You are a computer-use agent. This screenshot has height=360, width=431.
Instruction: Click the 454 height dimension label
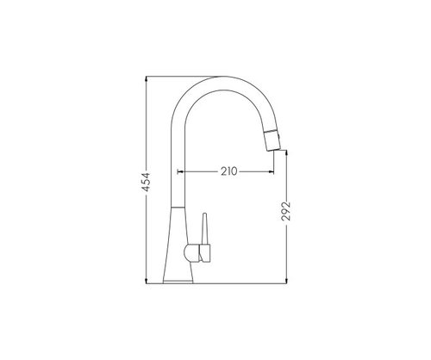tap(147, 182)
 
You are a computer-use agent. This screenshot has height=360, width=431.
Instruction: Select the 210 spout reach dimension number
tap(229, 171)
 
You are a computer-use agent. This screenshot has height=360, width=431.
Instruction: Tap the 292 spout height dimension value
tap(286, 211)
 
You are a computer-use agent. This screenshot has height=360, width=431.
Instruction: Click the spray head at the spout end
tap(272, 140)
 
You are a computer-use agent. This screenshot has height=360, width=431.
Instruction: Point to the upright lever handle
tap(204, 229)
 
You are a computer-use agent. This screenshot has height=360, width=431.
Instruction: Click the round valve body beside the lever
tap(191, 253)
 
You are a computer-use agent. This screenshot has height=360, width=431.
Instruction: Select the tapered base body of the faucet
tap(178, 243)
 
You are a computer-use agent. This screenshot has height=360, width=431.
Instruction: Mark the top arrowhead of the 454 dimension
tap(147, 78)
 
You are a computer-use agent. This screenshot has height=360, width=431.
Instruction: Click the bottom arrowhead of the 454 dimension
tap(147, 281)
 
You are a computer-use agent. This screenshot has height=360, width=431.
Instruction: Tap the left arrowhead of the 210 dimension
tap(180, 171)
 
